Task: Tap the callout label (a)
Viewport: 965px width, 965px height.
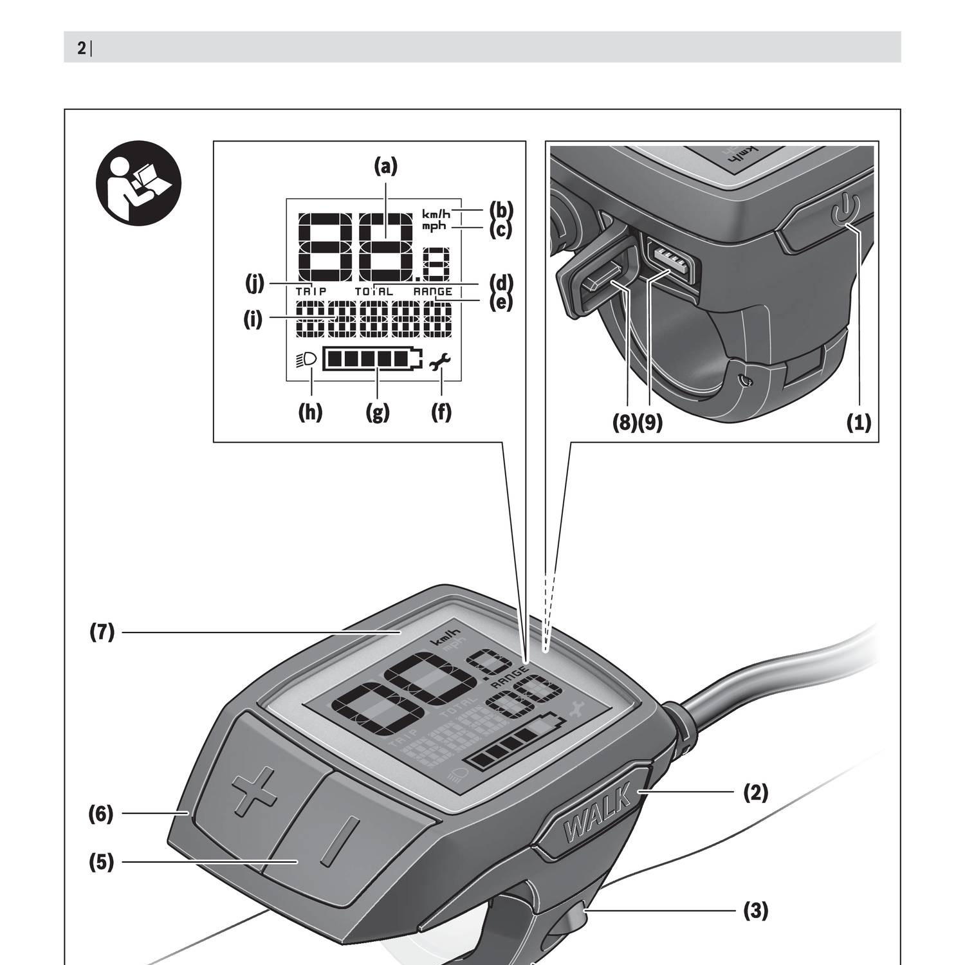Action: [386, 167]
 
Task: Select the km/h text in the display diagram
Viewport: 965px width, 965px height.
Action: [436, 214]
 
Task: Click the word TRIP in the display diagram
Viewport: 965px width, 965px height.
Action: [311, 291]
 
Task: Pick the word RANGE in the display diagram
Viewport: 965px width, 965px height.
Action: [432, 291]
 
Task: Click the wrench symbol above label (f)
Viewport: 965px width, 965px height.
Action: [441, 363]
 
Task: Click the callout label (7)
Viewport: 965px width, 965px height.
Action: [102, 632]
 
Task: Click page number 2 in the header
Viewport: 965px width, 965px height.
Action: [82, 48]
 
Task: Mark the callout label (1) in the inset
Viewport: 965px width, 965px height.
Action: [858, 423]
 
